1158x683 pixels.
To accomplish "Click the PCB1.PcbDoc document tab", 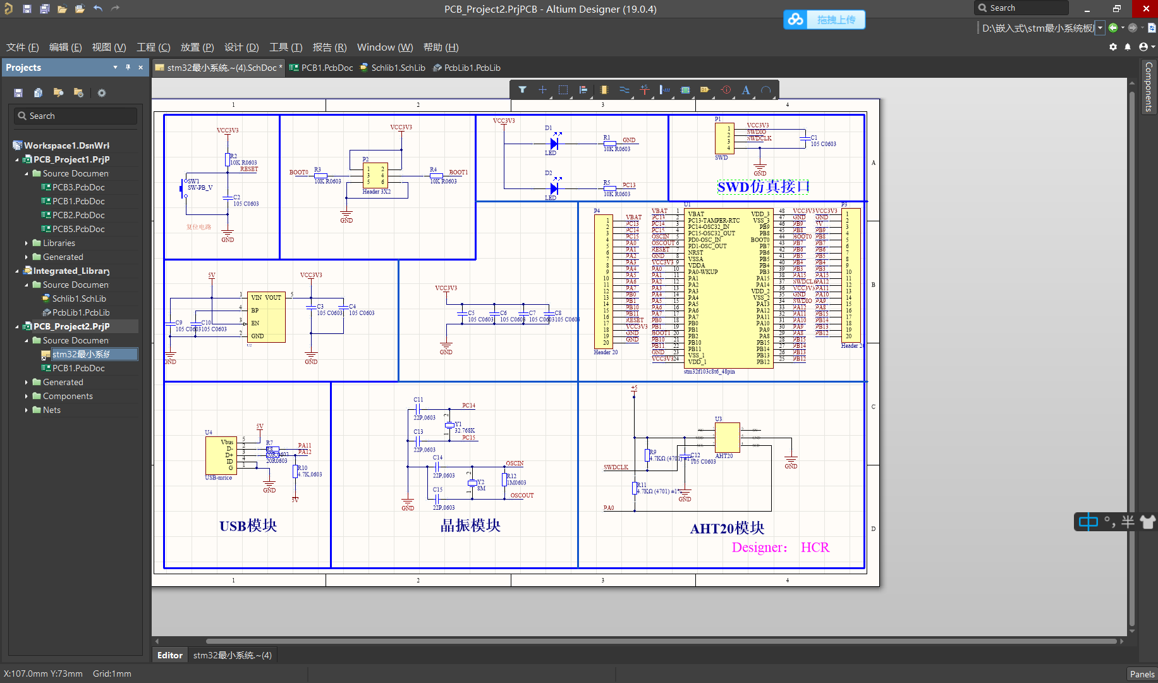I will (x=326, y=68).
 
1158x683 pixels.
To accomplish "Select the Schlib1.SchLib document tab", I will (x=398, y=68).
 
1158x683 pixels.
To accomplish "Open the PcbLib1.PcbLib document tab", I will (x=472, y=68).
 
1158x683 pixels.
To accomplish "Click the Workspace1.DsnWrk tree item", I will (x=66, y=145).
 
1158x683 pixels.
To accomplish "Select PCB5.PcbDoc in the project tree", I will (x=78, y=229).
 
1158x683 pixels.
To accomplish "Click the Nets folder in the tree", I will (x=52, y=410).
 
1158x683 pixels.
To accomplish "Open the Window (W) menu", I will (x=384, y=47).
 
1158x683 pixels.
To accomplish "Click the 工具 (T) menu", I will (x=286, y=47).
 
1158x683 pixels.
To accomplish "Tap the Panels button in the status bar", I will (x=1142, y=674).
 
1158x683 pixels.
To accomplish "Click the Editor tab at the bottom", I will (x=169, y=655).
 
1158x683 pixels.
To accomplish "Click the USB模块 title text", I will (x=248, y=526).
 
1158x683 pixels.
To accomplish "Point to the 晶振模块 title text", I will (x=470, y=526).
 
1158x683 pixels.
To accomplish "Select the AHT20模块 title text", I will (x=727, y=529).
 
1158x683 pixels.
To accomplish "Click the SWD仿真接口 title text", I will (x=763, y=187).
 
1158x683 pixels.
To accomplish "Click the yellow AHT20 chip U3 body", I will (x=727, y=437).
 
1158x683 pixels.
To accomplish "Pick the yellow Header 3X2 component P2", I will (x=375, y=175).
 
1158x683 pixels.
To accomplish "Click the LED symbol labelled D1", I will (x=554, y=144).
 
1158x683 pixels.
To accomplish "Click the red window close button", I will (x=1146, y=9).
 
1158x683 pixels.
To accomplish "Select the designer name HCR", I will (x=815, y=548).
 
